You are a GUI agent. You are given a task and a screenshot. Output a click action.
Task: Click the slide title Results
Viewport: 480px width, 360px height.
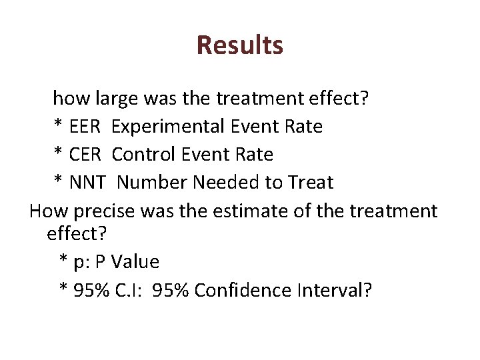pos(240,45)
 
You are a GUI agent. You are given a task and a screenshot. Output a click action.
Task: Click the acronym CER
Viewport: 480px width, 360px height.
pos(84,155)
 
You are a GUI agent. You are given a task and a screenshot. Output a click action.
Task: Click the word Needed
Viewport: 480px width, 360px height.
pos(229,182)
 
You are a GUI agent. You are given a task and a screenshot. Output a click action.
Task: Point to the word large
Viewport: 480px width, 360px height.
pos(118,99)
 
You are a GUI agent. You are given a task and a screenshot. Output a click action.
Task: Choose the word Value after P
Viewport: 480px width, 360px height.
pos(135,262)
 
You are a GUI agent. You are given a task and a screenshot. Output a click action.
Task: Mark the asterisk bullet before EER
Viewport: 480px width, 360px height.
pos(57,125)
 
